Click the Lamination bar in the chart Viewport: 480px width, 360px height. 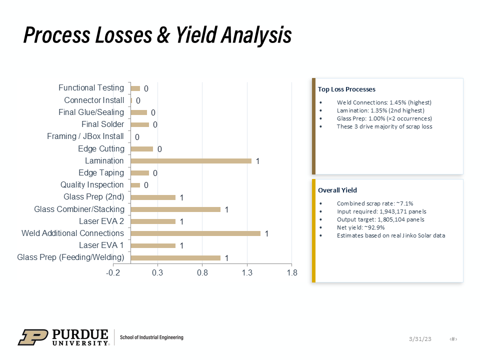(191, 161)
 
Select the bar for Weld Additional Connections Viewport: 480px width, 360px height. (195, 233)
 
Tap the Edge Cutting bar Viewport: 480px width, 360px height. (141, 149)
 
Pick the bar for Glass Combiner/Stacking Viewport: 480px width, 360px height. (175, 209)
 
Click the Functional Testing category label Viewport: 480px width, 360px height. (91, 88)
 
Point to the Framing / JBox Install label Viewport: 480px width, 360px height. (85, 136)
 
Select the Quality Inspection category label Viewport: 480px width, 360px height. (92, 185)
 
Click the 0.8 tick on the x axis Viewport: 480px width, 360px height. (202, 273)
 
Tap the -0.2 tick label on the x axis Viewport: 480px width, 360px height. (113, 273)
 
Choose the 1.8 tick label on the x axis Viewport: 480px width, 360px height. (292, 273)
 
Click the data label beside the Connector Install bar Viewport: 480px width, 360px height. (138, 100)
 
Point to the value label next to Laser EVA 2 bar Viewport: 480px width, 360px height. (181, 221)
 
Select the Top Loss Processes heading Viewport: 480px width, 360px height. (346, 89)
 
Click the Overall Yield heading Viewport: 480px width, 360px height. (337, 190)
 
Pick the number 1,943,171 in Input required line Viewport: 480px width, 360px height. (392, 211)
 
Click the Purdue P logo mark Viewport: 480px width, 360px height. (33, 337)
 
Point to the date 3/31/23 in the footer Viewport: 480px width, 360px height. (420, 339)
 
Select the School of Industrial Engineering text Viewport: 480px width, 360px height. (151, 337)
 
